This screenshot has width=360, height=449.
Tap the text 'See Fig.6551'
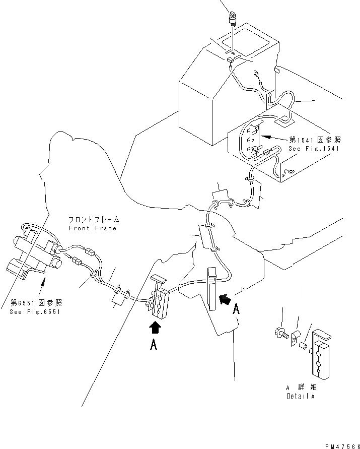(35, 311)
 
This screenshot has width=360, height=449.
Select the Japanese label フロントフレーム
(94, 220)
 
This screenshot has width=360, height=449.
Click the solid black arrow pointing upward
(156, 328)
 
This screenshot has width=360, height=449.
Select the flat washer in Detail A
(295, 336)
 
